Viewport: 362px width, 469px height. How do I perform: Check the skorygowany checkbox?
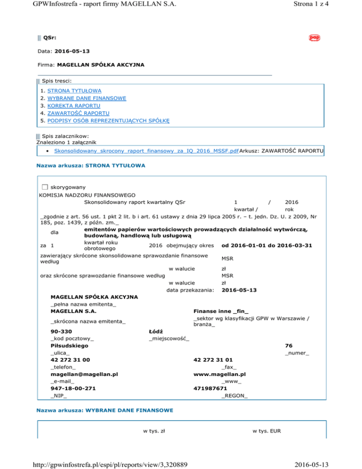(x=45, y=187)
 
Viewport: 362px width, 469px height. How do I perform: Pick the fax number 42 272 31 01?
(x=213, y=360)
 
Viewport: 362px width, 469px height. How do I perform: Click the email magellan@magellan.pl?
(x=83, y=374)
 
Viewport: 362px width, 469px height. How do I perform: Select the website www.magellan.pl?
(x=220, y=374)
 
